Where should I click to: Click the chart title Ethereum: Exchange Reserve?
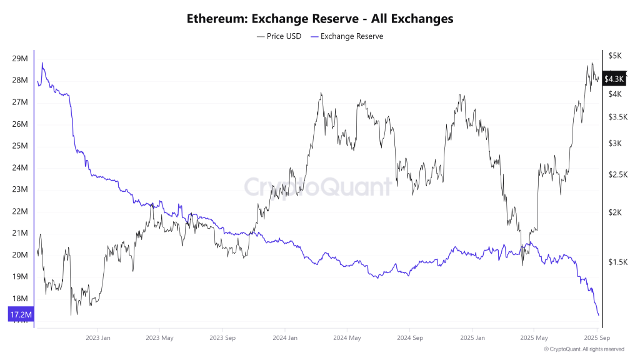click(320, 19)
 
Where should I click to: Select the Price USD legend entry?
click(279, 36)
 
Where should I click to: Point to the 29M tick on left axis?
click(19, 59)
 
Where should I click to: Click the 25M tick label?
click(19, 146)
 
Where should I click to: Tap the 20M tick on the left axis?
click(19, 255)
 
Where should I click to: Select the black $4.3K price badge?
click(615, 79)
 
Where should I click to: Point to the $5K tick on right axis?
click(615, 56)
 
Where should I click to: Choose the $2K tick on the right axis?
click(615, 212)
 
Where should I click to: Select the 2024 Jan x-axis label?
click(284, 337)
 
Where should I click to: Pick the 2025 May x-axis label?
click(533, 337)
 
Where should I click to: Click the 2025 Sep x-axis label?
click(596, 337)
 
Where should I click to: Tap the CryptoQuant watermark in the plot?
click(317, 186)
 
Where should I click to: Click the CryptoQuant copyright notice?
click(584, 349)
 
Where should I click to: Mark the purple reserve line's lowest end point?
click(599, 315)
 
